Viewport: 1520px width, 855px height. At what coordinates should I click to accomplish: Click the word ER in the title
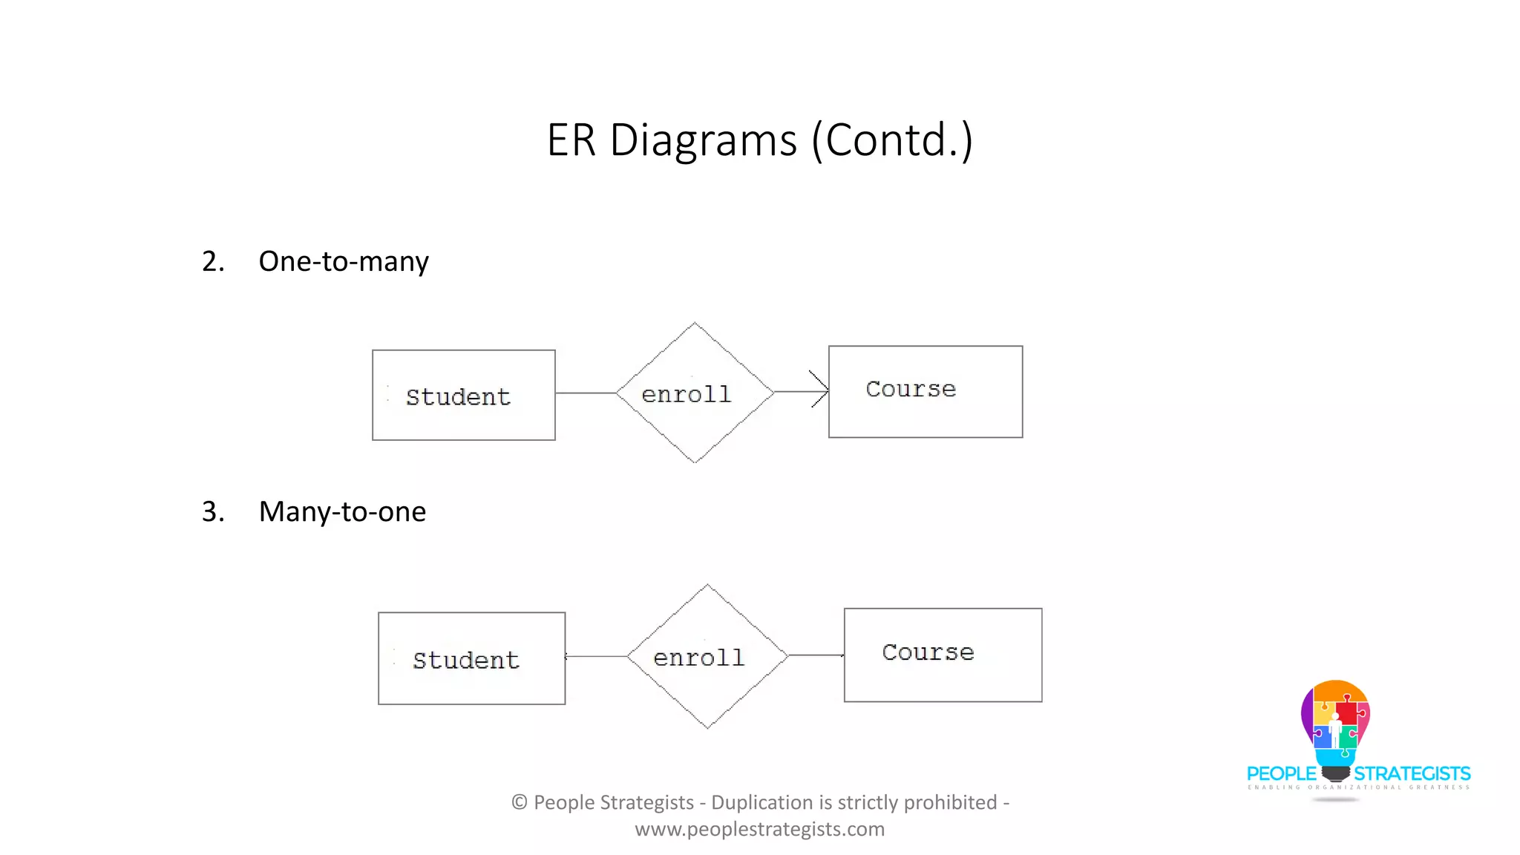pos(571,140)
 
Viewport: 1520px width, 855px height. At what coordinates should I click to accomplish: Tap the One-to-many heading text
pos(343,261)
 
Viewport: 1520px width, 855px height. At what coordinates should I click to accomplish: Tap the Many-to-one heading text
pos(341,511)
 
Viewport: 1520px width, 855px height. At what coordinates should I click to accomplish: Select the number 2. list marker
pos(212,261)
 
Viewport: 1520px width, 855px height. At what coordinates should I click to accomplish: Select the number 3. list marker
pos(212,511)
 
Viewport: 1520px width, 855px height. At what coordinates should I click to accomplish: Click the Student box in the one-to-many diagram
pos(463,396)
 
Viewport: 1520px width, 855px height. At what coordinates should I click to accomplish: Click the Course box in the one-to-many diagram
pos(925,391)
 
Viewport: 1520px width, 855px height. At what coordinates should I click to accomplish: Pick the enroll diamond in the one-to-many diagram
pos(694,393)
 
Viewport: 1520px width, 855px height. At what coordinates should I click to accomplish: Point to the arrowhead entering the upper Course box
pos(820,390)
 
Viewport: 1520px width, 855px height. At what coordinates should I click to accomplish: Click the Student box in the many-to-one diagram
pos(471,658)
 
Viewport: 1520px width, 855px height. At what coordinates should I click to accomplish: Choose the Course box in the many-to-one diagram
pos(943,655)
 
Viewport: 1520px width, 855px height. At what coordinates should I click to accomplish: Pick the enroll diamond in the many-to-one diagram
pos(707,657)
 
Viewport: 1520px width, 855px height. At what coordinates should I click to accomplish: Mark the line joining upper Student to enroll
pos(585,393)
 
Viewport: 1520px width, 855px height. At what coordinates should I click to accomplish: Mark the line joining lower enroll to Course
pos(815,655)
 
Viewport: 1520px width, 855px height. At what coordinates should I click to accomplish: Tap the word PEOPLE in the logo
pos(1281,773)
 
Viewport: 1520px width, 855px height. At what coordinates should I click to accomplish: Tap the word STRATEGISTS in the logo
pos(1412,773)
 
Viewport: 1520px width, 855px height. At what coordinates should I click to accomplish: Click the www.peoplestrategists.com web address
pos(759,829)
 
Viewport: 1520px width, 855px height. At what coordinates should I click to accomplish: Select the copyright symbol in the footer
pos(520,802)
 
